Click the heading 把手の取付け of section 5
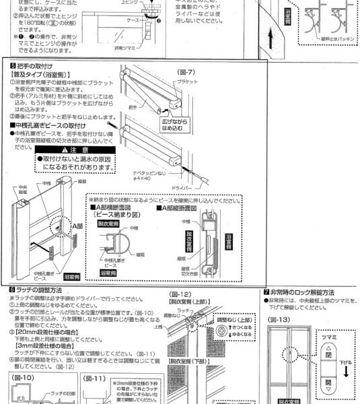(34, 67)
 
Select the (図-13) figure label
(278, 318)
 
